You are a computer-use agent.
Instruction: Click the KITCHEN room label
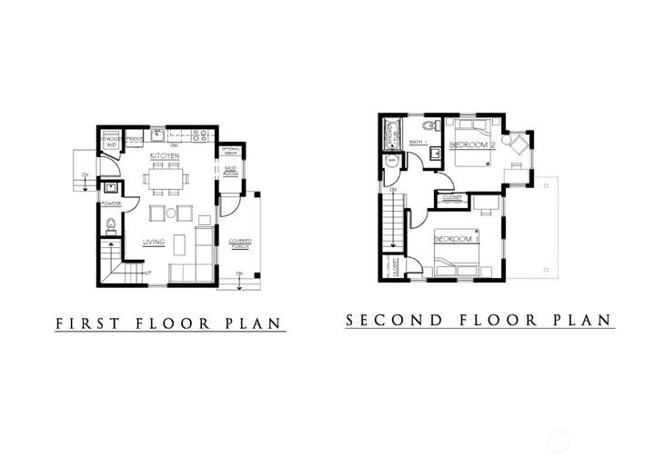[x=165, y=157]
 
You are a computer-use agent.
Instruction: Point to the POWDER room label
[x=112, y=204]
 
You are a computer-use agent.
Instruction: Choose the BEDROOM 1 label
[x=455, y=239]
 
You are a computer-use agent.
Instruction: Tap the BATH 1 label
[x=418, y=143]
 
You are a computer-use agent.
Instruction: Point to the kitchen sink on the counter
[x=157, y=137]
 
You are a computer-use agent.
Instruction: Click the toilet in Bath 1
[x=430, y=125]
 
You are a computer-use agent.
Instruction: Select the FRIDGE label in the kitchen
[x=133, y=139]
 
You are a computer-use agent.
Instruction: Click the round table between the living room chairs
[x=170, y=214]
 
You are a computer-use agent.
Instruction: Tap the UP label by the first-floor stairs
[x=146, y=272]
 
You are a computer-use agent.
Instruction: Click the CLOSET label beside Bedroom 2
[x=451, y=196]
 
